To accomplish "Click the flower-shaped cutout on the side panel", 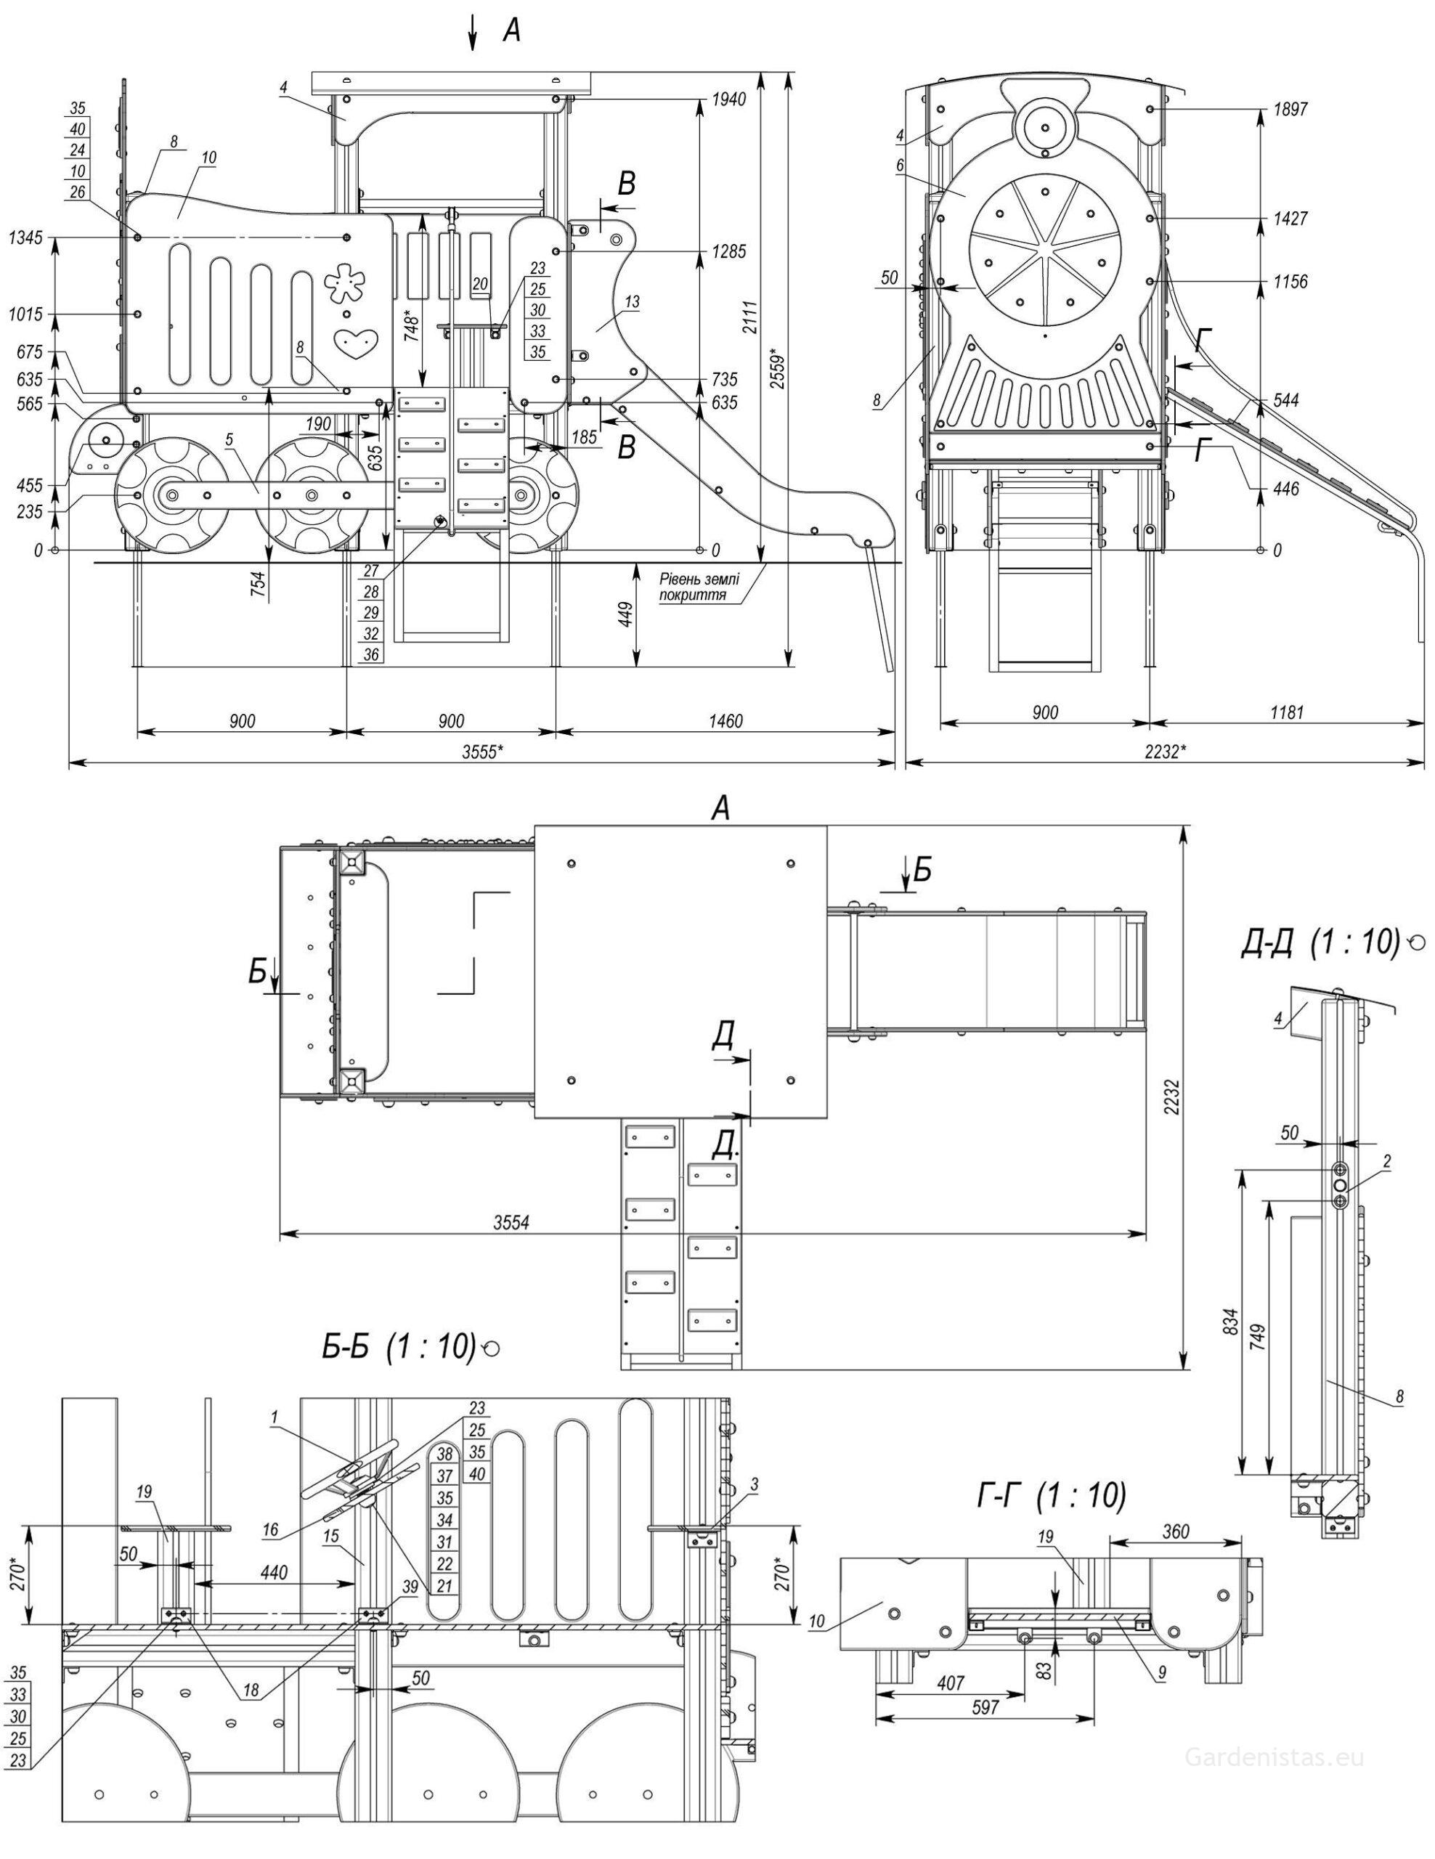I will [x=345, y=282].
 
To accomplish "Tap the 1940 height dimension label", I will [x=729, y=99].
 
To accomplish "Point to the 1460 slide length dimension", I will [x=725, y=721].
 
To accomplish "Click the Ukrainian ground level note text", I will [x=699, y=587].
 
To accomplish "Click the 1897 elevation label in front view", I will [x=1290, y=109].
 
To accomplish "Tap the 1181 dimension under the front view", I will [x=1286, y=712].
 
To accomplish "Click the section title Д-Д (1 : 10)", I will [x=1320, y=941].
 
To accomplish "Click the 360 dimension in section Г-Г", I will [x=1176, y=1532].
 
